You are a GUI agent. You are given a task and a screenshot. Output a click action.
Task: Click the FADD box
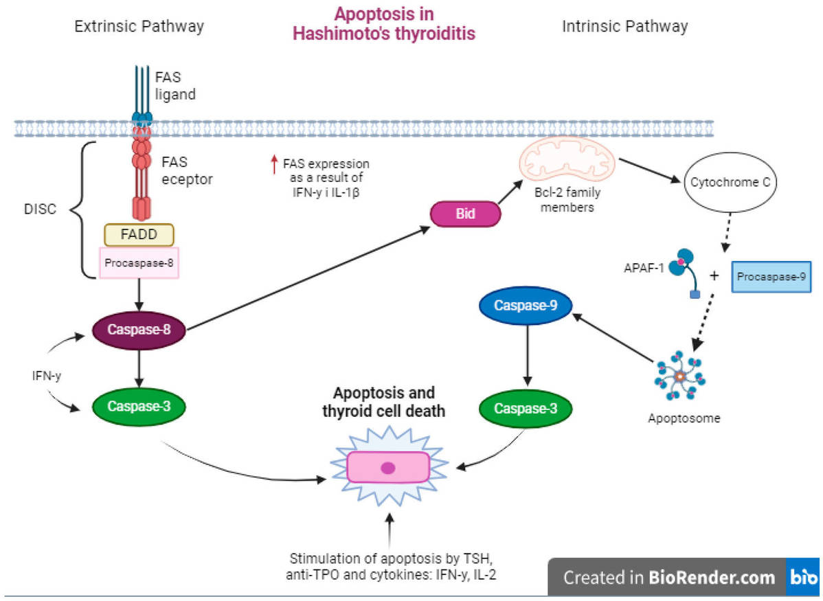pos(139,235)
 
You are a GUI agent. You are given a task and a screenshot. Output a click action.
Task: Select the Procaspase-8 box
pos(139,262)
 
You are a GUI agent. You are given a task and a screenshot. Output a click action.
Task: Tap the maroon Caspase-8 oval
pos(139,330)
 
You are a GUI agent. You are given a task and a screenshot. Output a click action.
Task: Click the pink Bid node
pos(465,215)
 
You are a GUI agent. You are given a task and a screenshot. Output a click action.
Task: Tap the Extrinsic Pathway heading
pos(139,27)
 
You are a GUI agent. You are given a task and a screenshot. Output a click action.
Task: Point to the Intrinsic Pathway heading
pos(624,27)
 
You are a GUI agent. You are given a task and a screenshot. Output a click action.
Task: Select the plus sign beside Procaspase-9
pos(714,276)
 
